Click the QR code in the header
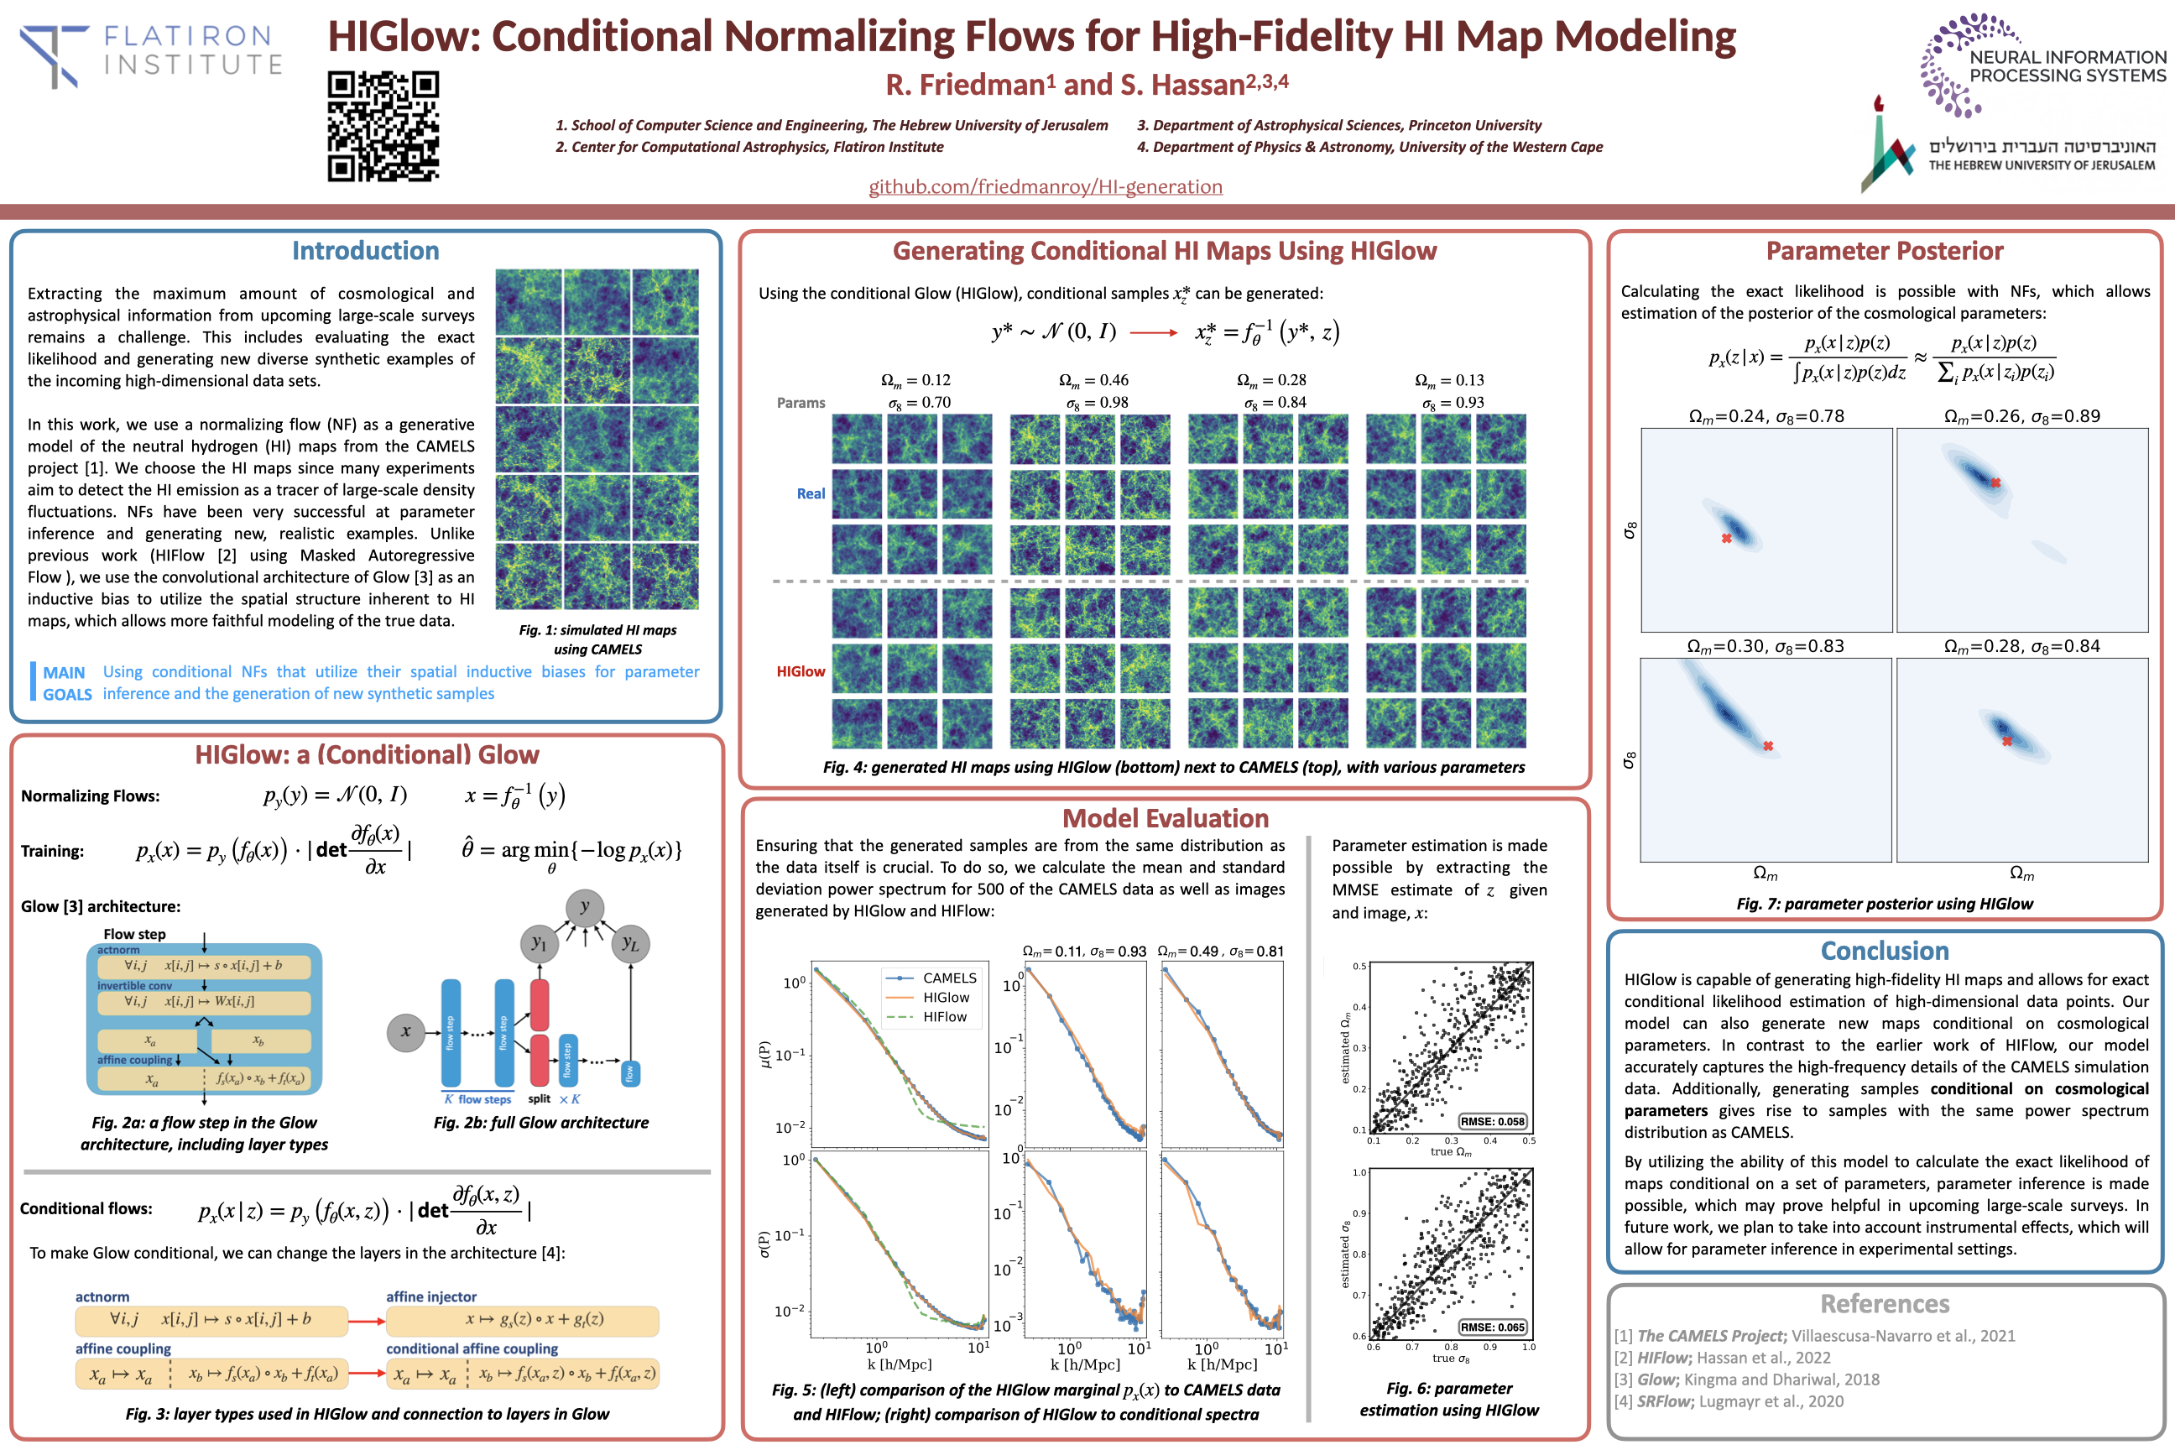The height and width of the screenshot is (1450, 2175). tap(383, 126)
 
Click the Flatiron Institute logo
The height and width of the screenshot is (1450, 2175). tap(151, 55)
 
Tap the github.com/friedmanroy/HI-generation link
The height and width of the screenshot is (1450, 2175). tap(1045, 187)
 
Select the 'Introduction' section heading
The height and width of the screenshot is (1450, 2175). tap(365, 251)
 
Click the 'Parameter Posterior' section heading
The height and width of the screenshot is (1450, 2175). tap(1884, 251)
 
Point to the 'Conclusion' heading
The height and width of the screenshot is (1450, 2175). tap(1884, 951)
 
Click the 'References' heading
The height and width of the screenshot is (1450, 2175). tap(1884, 1304)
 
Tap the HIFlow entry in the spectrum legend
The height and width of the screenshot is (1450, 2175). tap(944, 1017)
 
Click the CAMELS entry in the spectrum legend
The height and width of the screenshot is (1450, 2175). tap(949, 978)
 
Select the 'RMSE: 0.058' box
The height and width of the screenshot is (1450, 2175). tap(1493, 1122)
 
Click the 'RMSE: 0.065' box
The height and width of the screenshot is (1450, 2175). tap(1493, 1327)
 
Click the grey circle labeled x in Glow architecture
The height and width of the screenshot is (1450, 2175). tap(405, 1032)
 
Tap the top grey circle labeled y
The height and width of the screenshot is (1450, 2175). tap(584, 907)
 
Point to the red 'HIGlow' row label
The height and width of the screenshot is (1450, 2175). tap(801, 671)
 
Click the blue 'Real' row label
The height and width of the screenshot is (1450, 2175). tap(811, 493)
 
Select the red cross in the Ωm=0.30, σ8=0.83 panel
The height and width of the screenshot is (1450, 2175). tap(1768, 746)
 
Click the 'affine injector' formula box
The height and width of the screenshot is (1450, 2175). tap(523, 1320)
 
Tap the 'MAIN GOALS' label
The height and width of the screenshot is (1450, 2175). tap(66, 683)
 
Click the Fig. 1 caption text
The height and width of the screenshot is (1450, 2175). tap(597, 639)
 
